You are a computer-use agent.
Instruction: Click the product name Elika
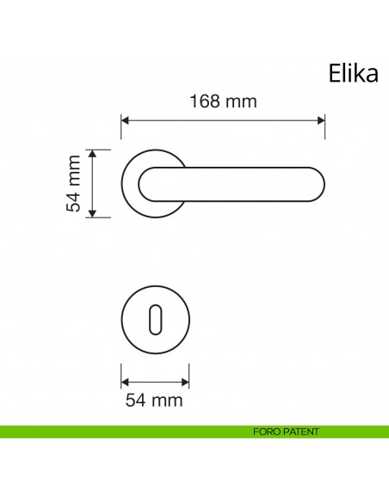tap(353, 74)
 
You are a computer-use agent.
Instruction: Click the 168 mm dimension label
tap(223, 101)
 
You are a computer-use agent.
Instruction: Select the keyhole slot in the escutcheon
tap(156, 321)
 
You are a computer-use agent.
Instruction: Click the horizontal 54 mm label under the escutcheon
tap(156, 399)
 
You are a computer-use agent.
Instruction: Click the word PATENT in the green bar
tap(300, 432)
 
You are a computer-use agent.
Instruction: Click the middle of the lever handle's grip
tap(232, 183)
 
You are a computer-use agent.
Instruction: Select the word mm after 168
tap(243, 101)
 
